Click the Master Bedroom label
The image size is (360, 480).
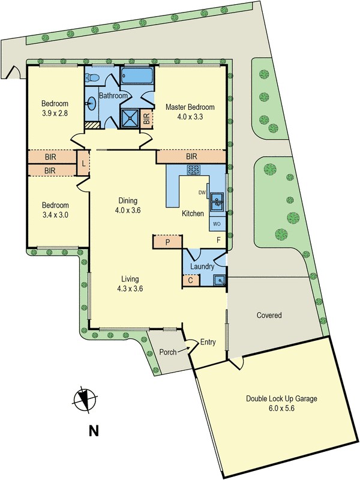coord(190,107)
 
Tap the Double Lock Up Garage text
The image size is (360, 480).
coord(281,398)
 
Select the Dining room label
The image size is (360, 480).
coord(128,200)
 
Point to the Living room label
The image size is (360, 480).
coord(130,279)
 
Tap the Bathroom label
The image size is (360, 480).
coord(113,96)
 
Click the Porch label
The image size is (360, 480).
coord(168,352)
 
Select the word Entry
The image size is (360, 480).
coord(208,342)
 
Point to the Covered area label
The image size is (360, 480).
coord(269,315)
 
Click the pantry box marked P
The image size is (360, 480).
coord(168,242)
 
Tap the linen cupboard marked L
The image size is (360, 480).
coord(82,162)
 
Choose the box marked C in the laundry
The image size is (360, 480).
coord(190,280)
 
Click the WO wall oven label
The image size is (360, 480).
coord(217,224)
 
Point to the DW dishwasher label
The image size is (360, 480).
coord(202,193)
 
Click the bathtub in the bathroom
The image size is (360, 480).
coord(137,77)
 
